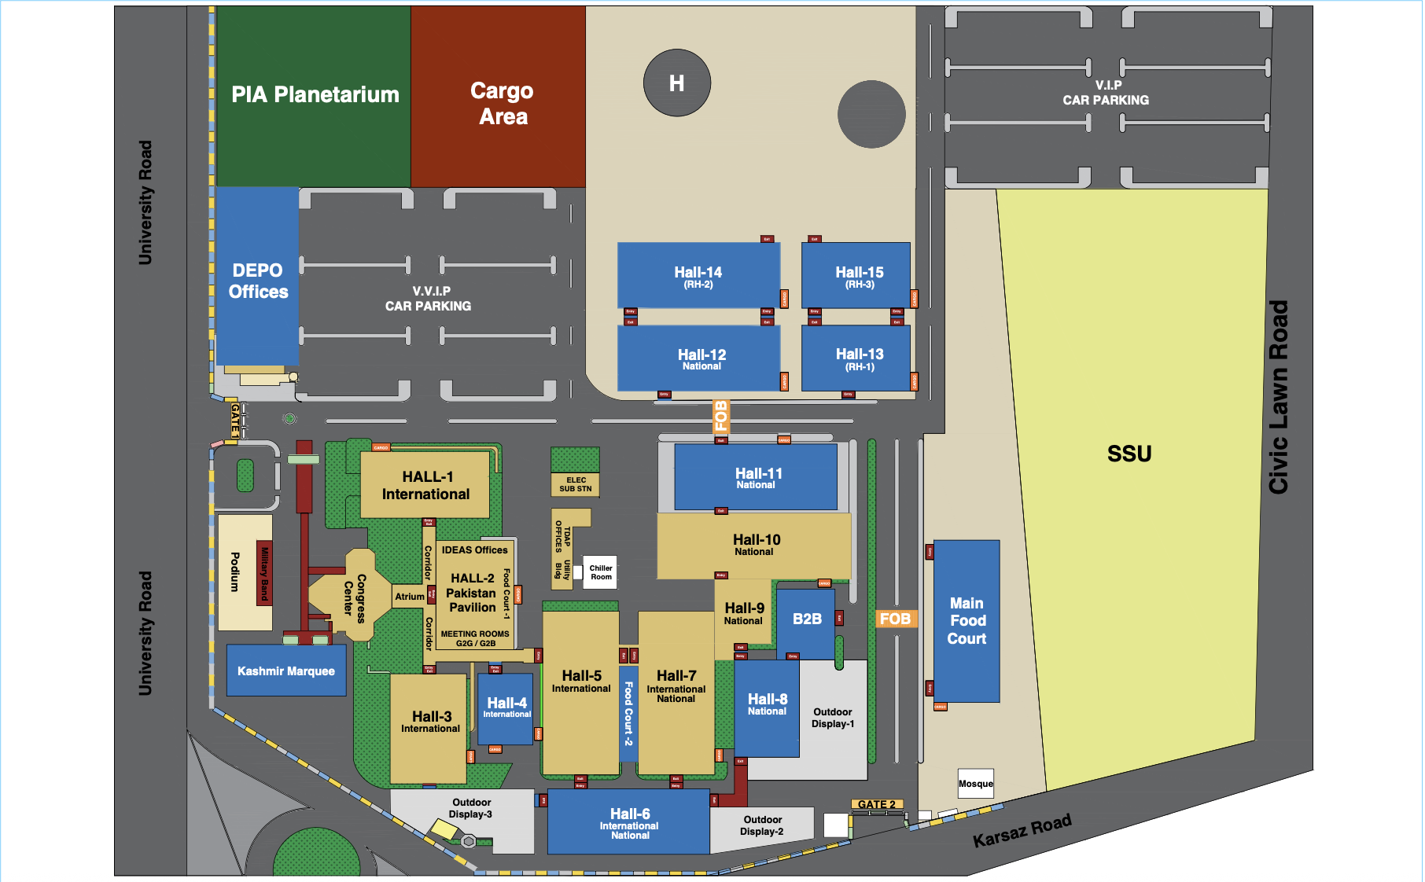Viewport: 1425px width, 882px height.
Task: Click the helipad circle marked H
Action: [676, 83]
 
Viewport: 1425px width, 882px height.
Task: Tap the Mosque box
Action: [975, 784]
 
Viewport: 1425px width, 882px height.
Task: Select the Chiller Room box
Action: [601, 572]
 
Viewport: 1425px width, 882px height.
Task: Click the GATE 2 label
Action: [877, 804]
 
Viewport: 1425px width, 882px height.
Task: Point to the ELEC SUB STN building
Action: [576, 484]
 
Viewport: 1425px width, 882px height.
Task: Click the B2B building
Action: [806, 619]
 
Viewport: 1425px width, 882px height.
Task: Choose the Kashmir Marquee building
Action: [286, 671]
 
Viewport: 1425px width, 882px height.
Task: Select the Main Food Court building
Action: [967, 621]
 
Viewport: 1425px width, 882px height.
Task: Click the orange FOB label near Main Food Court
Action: [895, 619]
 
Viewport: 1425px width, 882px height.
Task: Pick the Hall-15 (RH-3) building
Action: [856, 276]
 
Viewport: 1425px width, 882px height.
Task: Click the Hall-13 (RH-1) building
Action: [856, 358]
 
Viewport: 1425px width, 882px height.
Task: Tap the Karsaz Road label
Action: [1022, 832]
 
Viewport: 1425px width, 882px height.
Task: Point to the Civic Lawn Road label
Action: [1279, 397]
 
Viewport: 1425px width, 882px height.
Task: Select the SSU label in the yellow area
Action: [1129, 454]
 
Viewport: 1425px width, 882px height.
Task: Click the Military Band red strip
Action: [264, 573]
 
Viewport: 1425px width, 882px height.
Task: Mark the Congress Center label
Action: [355, 598]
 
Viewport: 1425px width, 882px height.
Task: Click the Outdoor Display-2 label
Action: [762, 825]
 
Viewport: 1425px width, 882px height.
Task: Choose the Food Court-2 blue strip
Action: [628, 714]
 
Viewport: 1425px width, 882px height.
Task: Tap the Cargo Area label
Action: [503, 104]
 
